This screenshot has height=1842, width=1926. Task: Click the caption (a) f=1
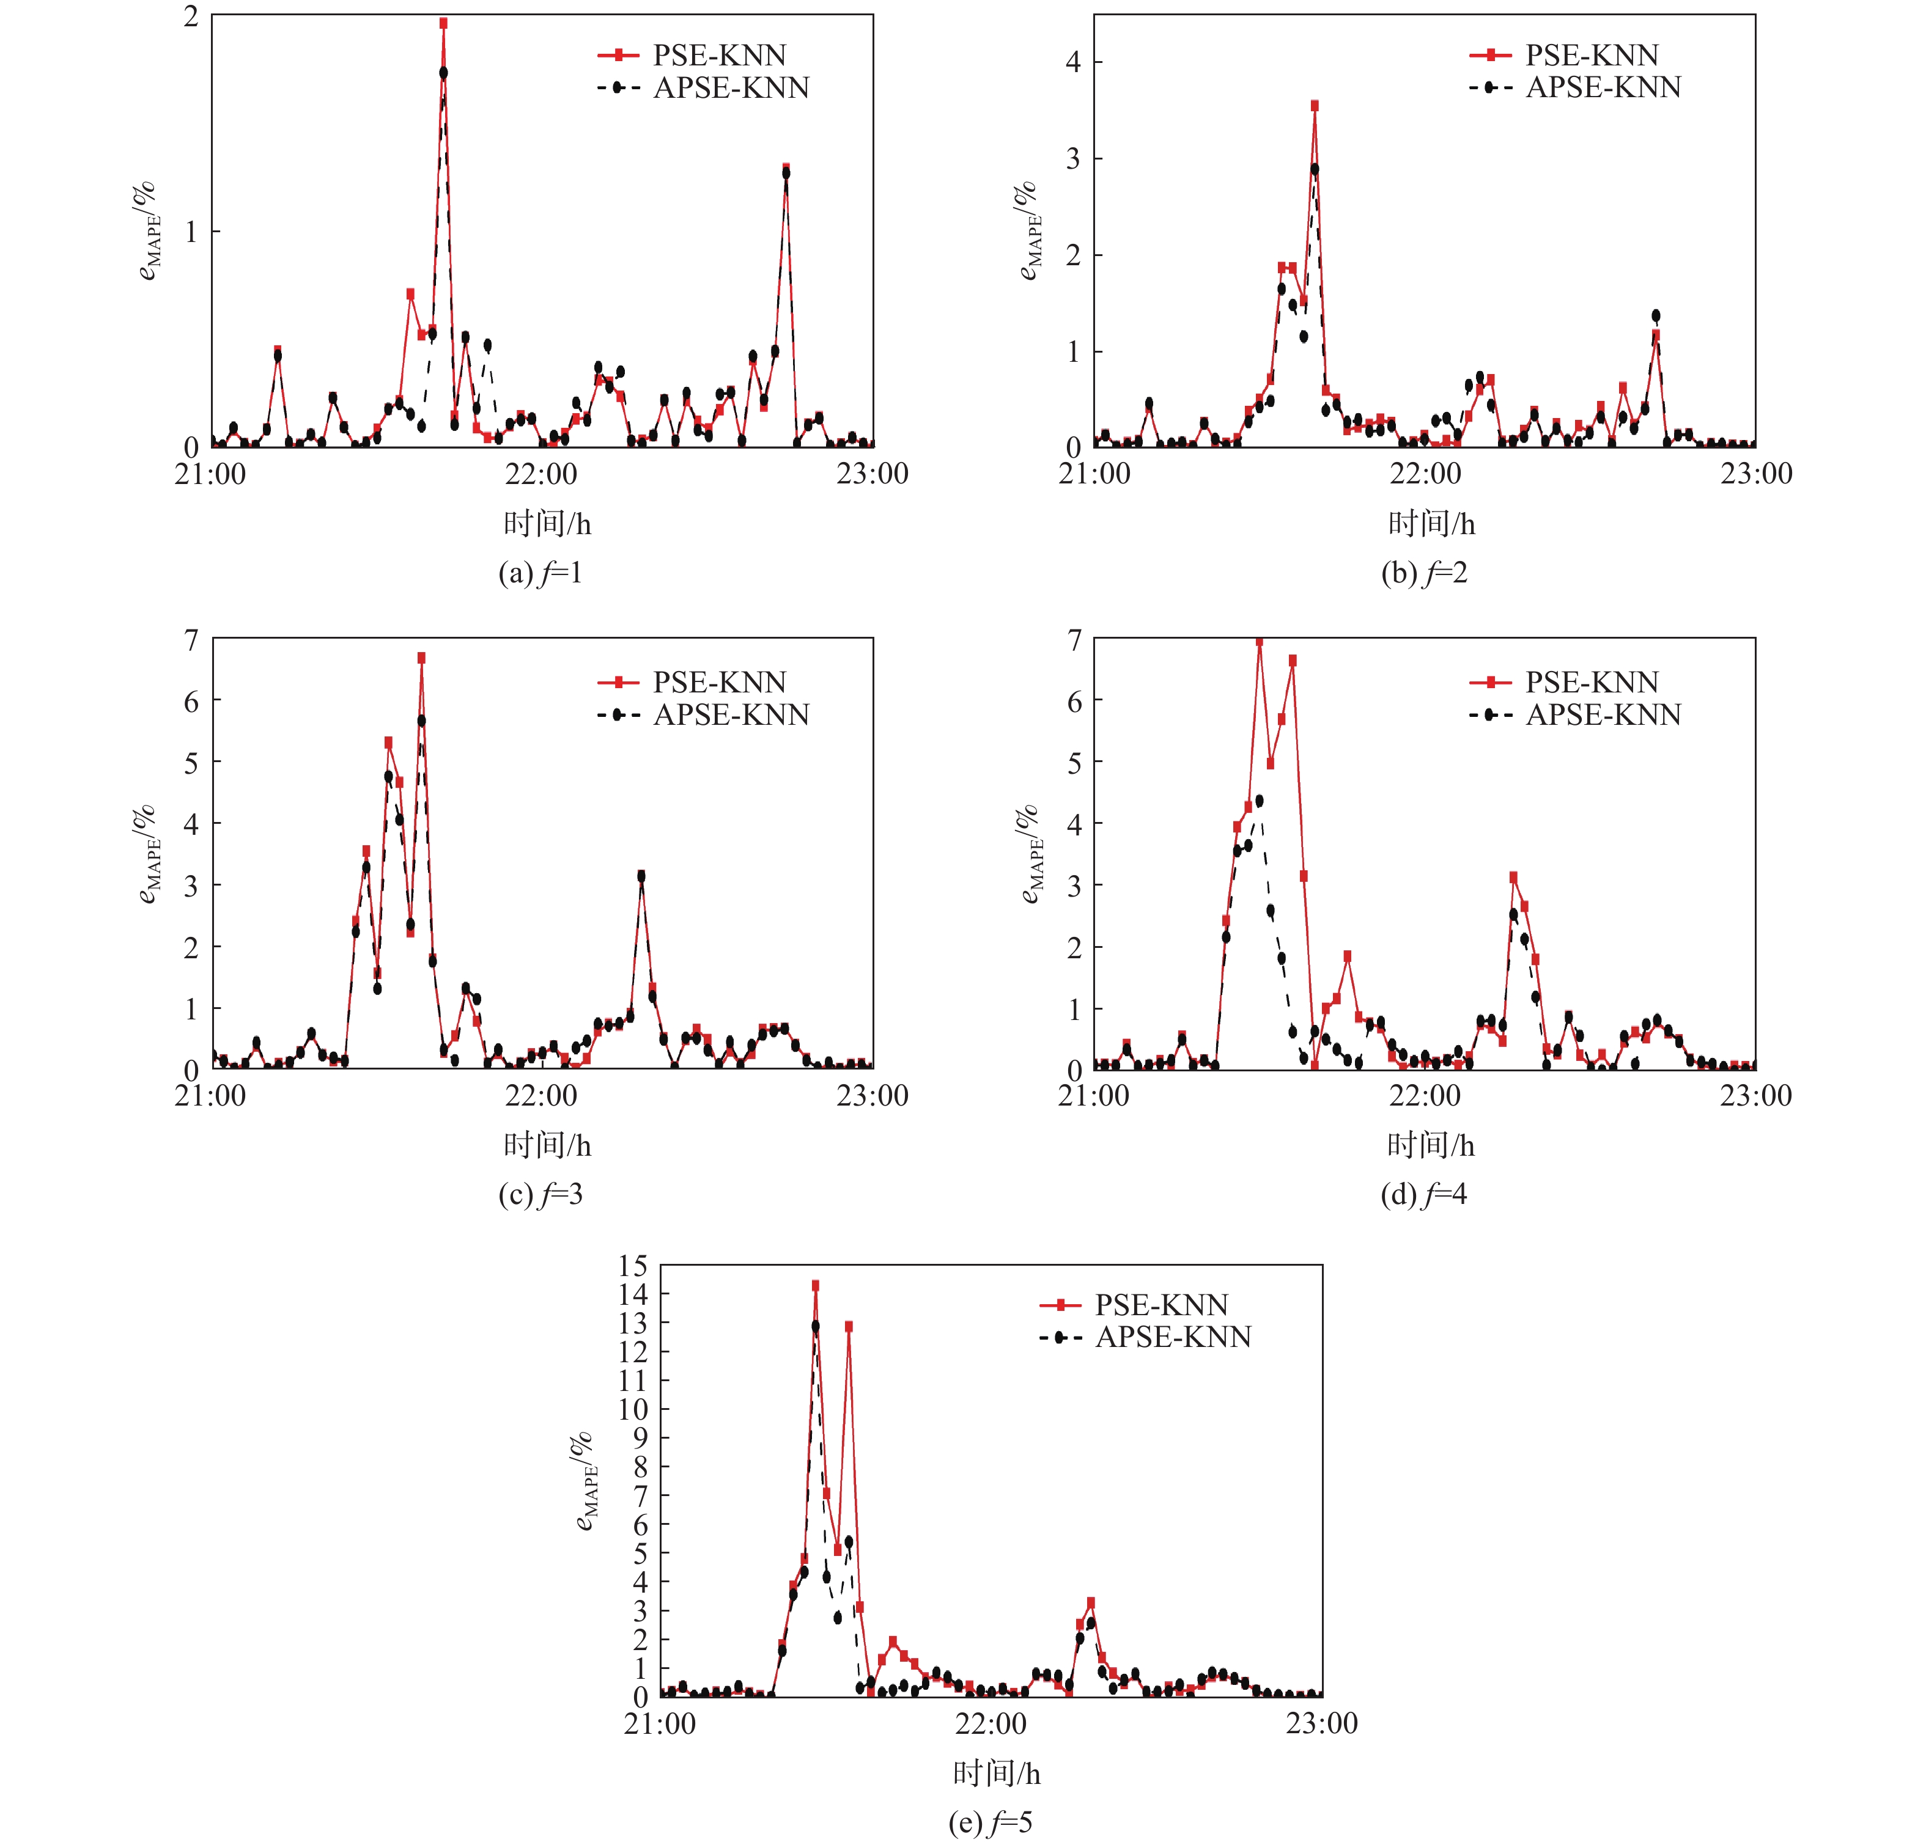pyautogui.click(x=540, y=573)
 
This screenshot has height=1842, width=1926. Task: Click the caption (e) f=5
pyautogui.click(x=990, y=1822)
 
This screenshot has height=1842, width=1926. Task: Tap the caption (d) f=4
pyautogui.click(x=1423, y=1194)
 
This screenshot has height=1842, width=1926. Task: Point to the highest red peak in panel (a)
pyautogui.click(x=443, y=24)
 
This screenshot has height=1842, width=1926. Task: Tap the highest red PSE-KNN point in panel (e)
pyautogui.click(x=815, y=1285)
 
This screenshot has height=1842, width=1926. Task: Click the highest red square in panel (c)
pyautogui.click(x=421, y=658)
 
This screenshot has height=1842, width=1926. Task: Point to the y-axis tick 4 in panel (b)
pyautogui.click(x=1074, y=62)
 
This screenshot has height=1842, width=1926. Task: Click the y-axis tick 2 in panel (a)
pyautogui.click(x=191, y=17)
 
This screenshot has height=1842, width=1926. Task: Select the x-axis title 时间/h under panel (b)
pyautogui.click(x=1431, y=523)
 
